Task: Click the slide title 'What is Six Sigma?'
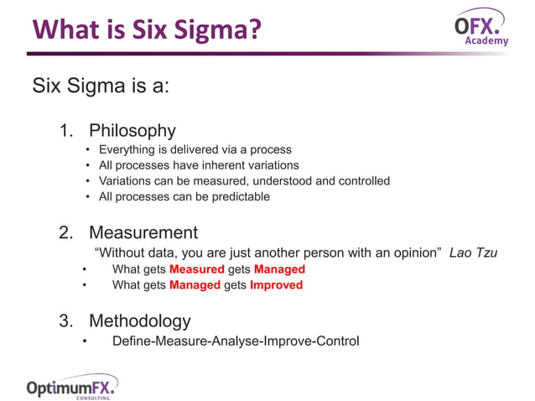(x=147, y=30)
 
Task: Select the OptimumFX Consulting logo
(x=70, y=388)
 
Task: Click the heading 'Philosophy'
(x=132, y=131)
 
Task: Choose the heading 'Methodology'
(x=139, y=320)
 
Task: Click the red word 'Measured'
(x=196, y=269)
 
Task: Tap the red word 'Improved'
(x=276, y=284)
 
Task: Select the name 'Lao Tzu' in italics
(x=473, y=253)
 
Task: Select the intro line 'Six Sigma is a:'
(x=101, y=86)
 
